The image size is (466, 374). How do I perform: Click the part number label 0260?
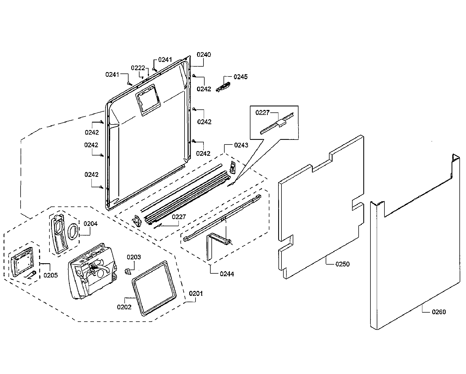point(439,312)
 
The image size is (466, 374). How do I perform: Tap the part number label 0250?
point(342,264)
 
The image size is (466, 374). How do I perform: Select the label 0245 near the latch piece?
point(240,77)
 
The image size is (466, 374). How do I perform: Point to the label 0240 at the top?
point(204,55)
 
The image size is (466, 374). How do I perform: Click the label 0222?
point(138,68)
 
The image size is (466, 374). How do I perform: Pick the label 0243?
point(241,145)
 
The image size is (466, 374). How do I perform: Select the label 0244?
point(227,274)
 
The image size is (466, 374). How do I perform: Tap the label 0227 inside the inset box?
point(263,113)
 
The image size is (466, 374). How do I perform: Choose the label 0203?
point(134,257)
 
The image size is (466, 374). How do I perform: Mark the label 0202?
point(124,307)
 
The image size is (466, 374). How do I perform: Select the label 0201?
point(196,293)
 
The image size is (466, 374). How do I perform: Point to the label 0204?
point(90,224)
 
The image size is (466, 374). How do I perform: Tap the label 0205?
point(51,275)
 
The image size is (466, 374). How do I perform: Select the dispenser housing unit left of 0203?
point(92,270)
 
